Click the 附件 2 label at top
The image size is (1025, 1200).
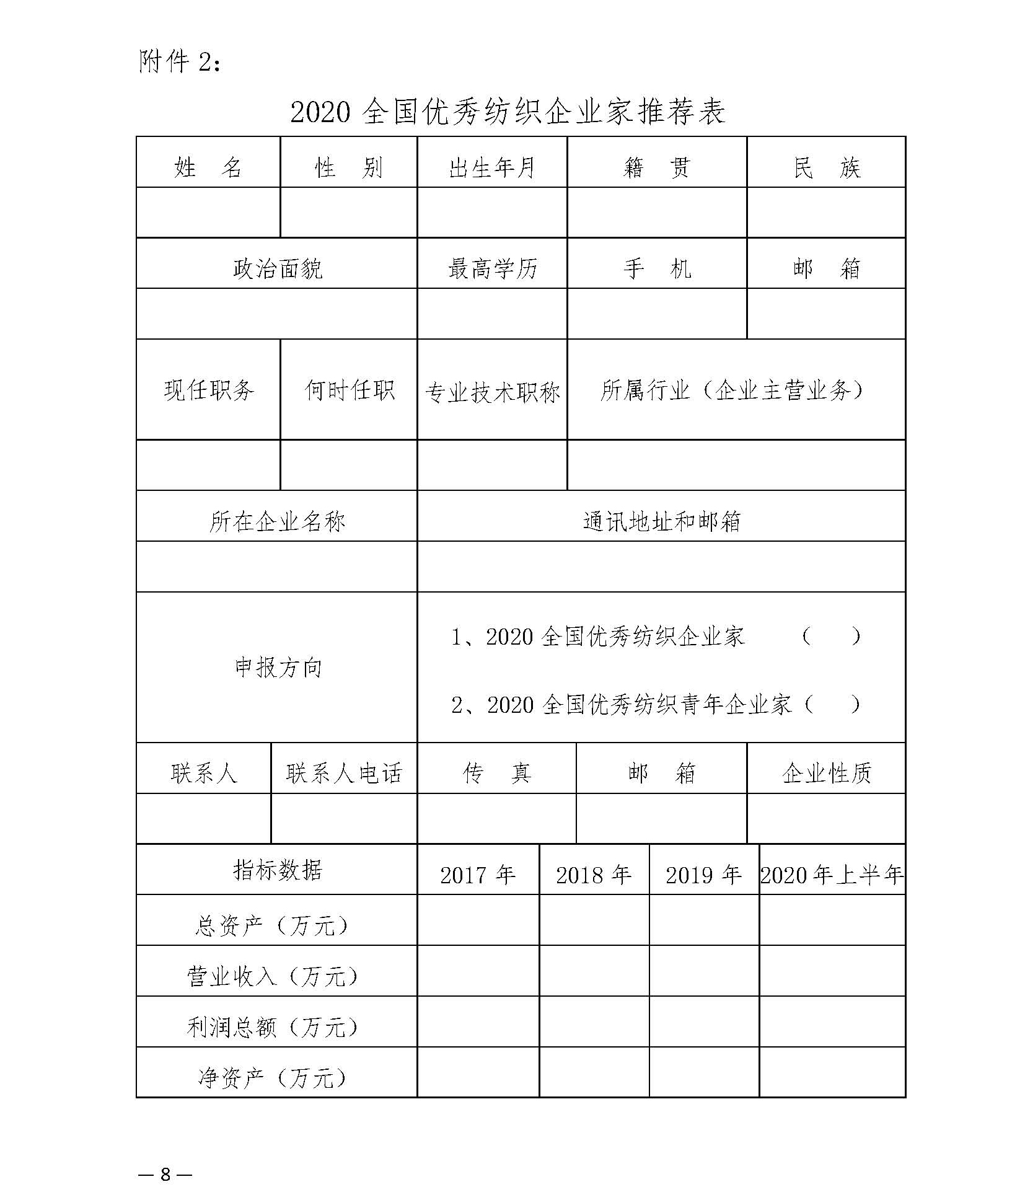pos(179,62)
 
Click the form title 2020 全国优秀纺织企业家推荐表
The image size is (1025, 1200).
pos(507,112)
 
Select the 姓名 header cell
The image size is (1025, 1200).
pos(208,167)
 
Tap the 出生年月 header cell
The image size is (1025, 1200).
pos(491,167)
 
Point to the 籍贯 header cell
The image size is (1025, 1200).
pos(656,167)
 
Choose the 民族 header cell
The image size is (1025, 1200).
pos(826,167)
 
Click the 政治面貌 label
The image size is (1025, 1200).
pos(276,268)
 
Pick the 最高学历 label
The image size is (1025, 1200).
pos(491,268)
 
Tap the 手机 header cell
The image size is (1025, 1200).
pos(656,268)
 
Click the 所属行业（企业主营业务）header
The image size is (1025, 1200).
pos(735,390)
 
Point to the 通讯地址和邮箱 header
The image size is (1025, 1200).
pos(661,521)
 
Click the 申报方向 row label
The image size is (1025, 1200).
pos(277,667)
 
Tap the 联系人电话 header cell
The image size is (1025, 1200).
pos(344,772)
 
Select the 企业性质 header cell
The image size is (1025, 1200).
pos(826,772)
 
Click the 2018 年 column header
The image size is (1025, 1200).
pos(593,875)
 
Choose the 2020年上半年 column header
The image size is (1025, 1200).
pos(832,875)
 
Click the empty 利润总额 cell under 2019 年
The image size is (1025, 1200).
pos(703,1027)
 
